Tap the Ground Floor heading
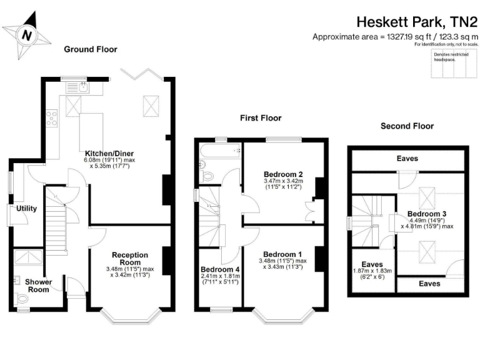[90, 49]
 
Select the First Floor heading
[261, 118]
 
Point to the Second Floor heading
[407, 126]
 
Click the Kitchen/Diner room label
[110, 153]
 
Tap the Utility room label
[27, 208]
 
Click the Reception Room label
[130, 259]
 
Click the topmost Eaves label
[407, 159]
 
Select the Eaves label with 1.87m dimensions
[373, 264]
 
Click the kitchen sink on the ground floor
[84, 87]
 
